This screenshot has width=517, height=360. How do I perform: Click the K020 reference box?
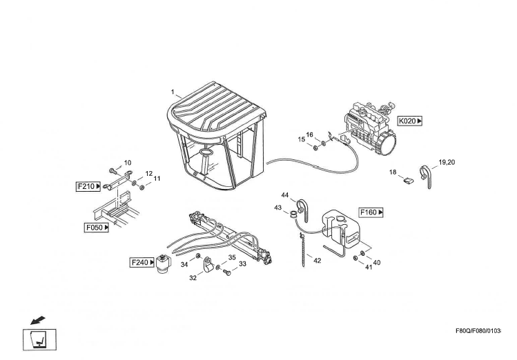click(x=410, y=121)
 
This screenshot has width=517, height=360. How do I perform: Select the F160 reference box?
click(x=371, y=212)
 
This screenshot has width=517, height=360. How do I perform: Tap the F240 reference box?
click(x=142, y=263)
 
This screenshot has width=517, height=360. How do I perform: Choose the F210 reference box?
click(x=88, y=187)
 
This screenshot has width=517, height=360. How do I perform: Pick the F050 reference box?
click(x=97, y=228)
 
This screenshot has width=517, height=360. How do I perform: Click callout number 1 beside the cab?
click(x=173, y=92)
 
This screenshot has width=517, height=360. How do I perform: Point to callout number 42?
click(x=318, y=261)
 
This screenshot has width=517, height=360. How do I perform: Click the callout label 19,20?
click(x=447, y=162)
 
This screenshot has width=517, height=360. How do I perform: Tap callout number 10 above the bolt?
click(x=128, y=162)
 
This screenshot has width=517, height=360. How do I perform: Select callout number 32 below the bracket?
click(x=193, y=278)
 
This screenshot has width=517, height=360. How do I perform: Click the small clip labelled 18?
click(x=409, y=181)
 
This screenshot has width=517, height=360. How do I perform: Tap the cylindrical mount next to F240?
click(x=164, y=263)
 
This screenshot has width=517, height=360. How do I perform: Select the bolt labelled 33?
click(x=227, y=272)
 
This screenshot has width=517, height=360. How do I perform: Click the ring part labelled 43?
click(x=293, y=214)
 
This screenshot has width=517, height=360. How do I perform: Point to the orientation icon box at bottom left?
click(x=39, y=339)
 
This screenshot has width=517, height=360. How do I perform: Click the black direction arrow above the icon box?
click(x=37, y=320)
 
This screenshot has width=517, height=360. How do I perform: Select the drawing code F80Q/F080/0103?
click(x=478, y=330)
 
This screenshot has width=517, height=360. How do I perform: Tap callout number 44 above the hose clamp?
click(x=285, y=195)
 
